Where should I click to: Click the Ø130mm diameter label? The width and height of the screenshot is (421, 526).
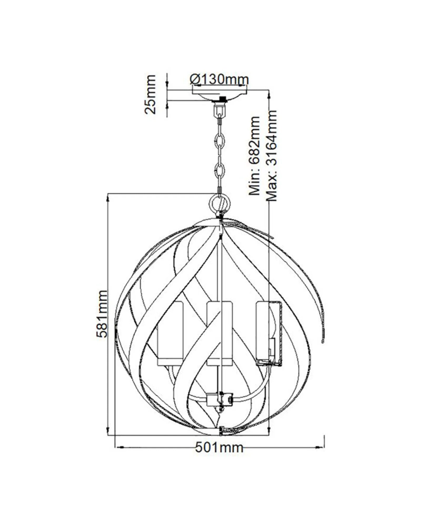pyautogui.click(x=219, y=79)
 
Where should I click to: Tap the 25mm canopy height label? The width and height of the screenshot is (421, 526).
pyautogui.click(x=151, y=94)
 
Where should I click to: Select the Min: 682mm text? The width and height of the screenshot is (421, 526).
pyautogui.click(x=254, y=156)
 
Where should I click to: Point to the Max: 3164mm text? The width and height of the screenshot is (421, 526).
pyautogui.click(x=272, y=156)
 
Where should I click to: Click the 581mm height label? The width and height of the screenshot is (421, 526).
pyautogui.click(x=102, y=313)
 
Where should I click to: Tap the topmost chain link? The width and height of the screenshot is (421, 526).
pyautogui.click(x=219, y=140)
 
